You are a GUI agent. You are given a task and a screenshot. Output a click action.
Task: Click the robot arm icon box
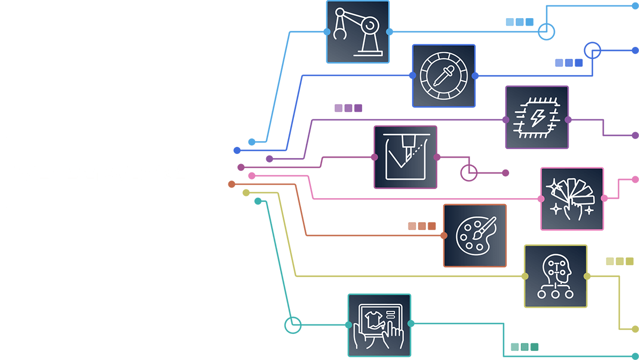click(x=358, y=32)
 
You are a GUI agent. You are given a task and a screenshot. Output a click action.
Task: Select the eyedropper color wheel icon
click(x=444, y=76)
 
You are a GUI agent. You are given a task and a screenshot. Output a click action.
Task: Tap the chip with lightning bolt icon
click(x=537, y=117)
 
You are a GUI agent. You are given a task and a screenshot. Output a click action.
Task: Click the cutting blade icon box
click(x=405, y=157)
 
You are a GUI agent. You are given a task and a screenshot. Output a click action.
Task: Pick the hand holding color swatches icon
click(x=572, y=199)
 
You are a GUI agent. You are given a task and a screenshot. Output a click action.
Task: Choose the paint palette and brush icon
click(x=475, y=235)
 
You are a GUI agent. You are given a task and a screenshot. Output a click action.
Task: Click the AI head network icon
click(x=555, y=276)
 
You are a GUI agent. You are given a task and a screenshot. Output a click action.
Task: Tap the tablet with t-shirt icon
click(x=379, y=325)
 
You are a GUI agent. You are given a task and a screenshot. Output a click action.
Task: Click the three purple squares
click(x=348, y=108)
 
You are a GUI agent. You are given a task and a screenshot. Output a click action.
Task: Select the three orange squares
click(x=422, y=226)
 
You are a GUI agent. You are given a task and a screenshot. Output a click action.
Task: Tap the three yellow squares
click(x=620, y=261)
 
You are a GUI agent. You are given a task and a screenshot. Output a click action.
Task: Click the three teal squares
click(x=525, y=347)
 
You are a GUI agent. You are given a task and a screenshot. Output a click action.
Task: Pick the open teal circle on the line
click(x=293, y=325)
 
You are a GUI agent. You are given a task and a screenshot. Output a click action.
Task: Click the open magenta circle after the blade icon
click(x=469, y=173)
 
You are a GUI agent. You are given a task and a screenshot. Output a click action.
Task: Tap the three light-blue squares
click(x=519, y=22)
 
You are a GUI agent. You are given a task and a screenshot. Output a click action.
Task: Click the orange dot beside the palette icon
click(x=444, y=235)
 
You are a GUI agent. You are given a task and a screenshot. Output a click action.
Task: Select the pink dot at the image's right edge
click(x=635, y=179)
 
